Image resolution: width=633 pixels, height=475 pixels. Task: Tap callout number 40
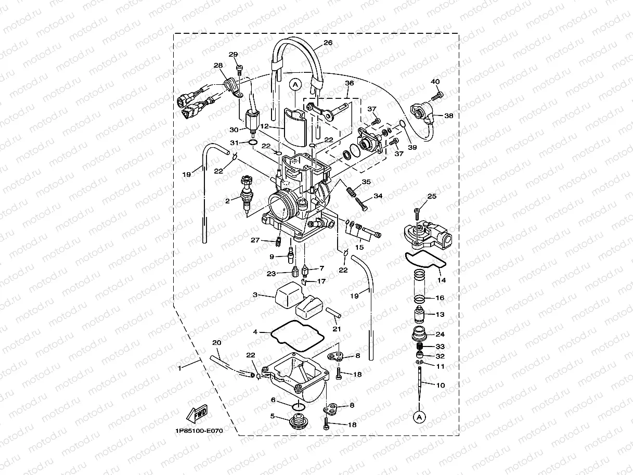pyautogui.click(x=435, y=82)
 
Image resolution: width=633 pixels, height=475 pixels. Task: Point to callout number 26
pyautogui.click(x=327, y=43)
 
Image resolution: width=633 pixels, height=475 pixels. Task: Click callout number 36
pyautogui.click(x=349, y=83)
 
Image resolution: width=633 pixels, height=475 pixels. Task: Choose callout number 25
pyautogui.click(x=432, y=196)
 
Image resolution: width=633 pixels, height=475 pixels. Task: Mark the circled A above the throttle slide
pyautogui.click(x=295, y=83)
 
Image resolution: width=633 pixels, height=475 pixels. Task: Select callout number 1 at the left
pyautogui.click(x=179, y=368)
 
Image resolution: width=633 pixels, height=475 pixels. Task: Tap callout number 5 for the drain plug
pyautogui.click(x=272, y=416)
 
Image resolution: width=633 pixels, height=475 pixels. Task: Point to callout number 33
pyautogui.click(x=440, y=346)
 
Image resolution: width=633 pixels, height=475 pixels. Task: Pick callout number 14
pyautogui.click(x=442, y=280)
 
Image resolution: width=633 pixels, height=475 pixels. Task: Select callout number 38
pyautogui.click(x=448, y=116)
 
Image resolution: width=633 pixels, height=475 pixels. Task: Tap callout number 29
pyautogui.click(x=233, y=55)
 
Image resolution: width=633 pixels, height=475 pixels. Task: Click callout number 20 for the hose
pyautogui.click(x=217, y=342)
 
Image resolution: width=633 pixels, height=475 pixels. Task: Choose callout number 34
pyautogui.click(x=378, y=196)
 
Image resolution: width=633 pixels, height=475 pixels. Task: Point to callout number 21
pyautogui.click(x=337, y=328)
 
